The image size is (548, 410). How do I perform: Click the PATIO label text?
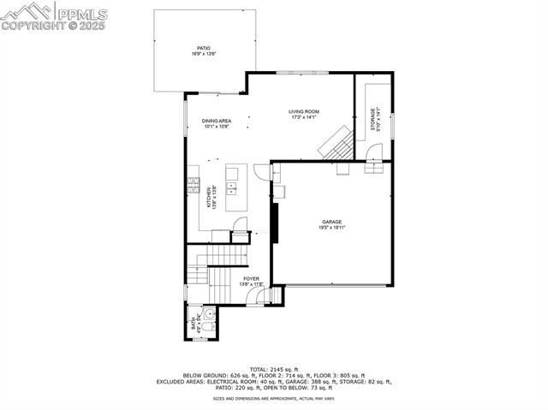pyautogui.click(x=203, y=48)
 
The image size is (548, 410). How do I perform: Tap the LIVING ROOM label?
pyautogui.click(x=304, y=112)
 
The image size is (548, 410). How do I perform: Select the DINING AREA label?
pyautogui.click(x=217, y=121)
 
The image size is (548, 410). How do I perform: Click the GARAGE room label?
pyautogui.click(x=332, y=222)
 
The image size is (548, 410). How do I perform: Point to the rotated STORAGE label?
pyautogui.click(x=372, y=118)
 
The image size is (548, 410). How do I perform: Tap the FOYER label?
pyautogui.click(x=251, y=279)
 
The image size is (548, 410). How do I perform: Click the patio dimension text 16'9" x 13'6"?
pyautogui.click(x=203, y=54)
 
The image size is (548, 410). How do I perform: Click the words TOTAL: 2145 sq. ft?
pyautogui.click(x=274, y=369)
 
